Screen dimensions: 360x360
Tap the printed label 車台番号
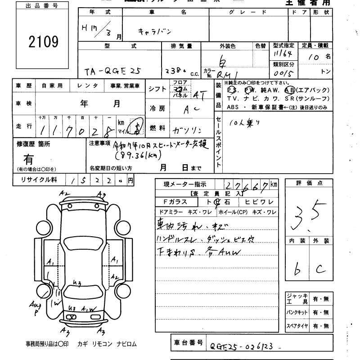(x=189, y=343)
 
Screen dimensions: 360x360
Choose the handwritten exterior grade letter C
(x=319, y=269)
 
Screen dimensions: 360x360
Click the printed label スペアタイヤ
(x=296, y=325)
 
